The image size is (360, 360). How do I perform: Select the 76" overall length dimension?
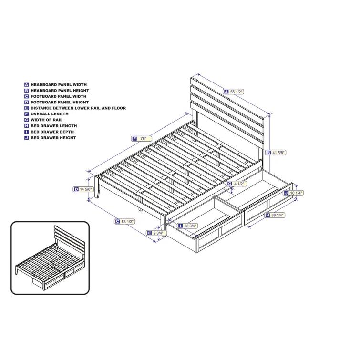click(140, 139)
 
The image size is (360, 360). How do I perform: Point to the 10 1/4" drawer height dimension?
click(296, 193)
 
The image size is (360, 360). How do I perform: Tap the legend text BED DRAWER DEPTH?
click(53, 132)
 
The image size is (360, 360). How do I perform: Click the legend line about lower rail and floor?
click(78, 108)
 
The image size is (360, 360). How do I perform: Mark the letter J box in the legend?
click(26, 138)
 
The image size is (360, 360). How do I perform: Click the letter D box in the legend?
click(26, 102)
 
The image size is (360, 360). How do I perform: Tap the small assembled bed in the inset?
click(50, 258)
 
